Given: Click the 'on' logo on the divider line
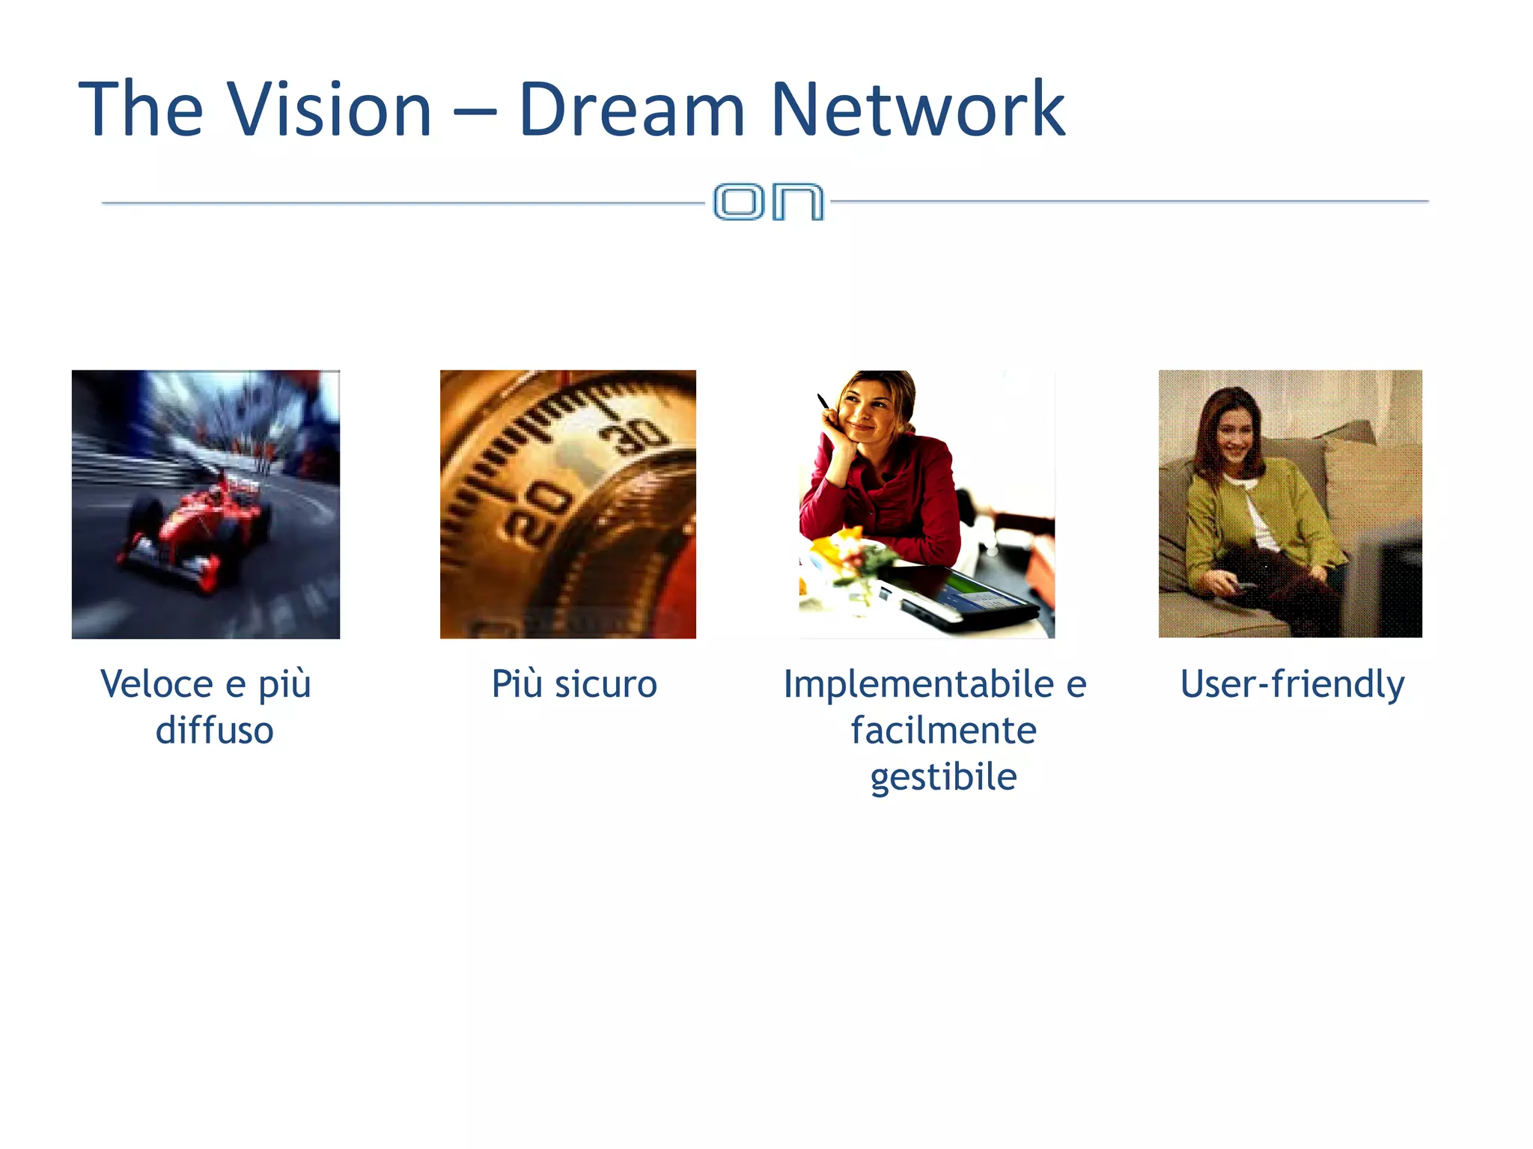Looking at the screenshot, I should (x=769, y=201).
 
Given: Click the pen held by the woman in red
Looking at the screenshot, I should (x=823, y=401).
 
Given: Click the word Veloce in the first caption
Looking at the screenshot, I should (x=156, y=684).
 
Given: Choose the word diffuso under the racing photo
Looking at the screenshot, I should (x=214, y=731).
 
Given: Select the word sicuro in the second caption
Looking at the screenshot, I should (x=606, y=684).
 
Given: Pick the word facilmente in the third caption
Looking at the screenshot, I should (x=943, y=731).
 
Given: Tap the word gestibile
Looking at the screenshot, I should (x=943, y=777).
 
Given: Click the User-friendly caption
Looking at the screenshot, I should (x=1292, y=684).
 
